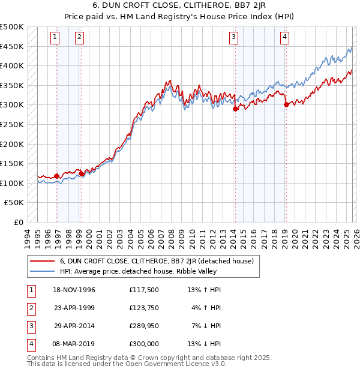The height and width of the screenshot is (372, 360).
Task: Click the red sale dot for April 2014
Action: coord(236,109)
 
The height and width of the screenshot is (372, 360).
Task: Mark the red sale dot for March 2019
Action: coord(286,105)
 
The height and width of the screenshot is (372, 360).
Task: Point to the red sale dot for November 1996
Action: coord(57,176)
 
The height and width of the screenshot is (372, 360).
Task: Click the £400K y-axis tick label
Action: coord(12,66)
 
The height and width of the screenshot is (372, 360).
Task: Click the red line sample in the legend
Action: coord(42,261)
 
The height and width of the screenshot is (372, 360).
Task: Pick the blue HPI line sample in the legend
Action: coord(42,271)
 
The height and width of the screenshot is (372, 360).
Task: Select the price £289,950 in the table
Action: coord(143,326)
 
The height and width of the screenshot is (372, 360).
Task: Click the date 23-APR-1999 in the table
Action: coord(74,308)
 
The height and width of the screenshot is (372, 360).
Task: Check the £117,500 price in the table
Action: coord(143,290)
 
